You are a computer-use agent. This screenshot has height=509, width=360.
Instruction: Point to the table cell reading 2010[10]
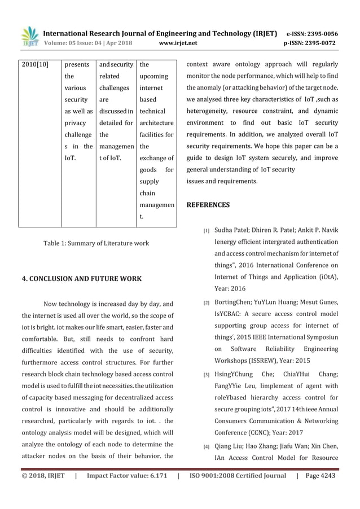coord(34,64)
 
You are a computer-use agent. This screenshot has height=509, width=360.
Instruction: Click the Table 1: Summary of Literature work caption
coord(96,243)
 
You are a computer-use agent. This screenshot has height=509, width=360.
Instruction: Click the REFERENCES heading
coord(208,205)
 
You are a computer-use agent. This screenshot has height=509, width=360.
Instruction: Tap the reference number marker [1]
coord(207,231)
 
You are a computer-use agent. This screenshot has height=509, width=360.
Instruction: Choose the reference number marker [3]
coord(207,375)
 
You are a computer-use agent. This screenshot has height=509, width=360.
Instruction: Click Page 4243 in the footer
coord(320,476)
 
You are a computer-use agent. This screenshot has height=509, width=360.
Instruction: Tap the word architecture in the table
coord(156,123)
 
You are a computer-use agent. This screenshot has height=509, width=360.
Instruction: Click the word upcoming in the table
coord(153,76)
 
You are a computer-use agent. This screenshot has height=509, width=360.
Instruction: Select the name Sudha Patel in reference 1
coord(233,231)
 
